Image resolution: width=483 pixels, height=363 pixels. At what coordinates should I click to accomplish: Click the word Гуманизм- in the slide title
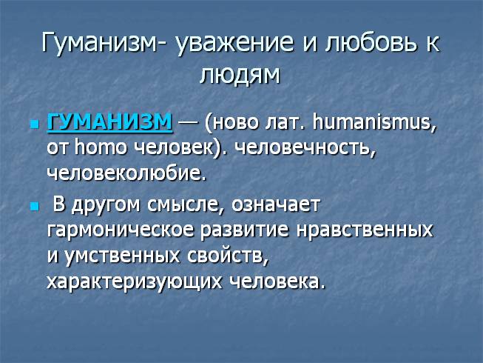pyautogui.click(x=104, y=43)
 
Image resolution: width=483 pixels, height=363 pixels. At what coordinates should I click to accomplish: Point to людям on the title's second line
pyautogui.click(x=241, y=75)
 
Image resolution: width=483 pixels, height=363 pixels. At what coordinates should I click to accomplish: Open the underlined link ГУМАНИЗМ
pyautogui.click(x=109, y=121)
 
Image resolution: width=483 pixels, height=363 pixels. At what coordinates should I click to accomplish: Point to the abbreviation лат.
pyautogui.click(x=283, y=121)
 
